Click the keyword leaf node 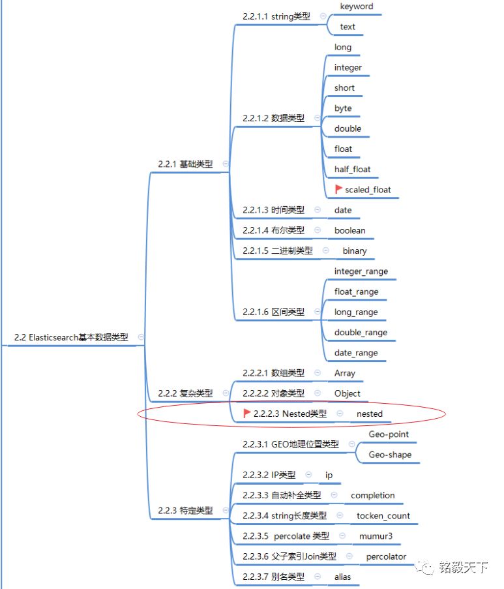point(357,7)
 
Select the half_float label point(352,170)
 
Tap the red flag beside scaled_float point(338,189)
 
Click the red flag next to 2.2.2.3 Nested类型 point(246,413)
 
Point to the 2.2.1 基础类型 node point(185,164)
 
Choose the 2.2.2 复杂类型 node point(185,393)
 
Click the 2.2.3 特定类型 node point(185,511)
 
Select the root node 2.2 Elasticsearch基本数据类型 point(71,337)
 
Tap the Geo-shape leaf point(390,455)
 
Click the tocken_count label point(383,516)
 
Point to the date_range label point(356,353)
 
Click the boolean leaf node point(350,230)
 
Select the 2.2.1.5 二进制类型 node point(278,250)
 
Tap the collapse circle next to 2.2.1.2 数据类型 point(318,118)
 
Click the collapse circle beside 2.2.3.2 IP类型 point(309,475)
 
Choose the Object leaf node point(348,393)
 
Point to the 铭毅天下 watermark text point(463,567)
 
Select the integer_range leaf point(361,271)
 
